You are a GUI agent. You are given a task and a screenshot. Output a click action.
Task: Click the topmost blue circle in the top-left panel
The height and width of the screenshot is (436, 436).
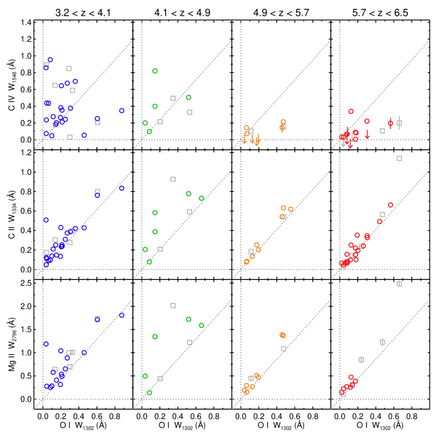coord(50,60)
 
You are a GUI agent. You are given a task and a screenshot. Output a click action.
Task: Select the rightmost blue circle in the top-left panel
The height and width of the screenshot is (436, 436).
coord(121,110)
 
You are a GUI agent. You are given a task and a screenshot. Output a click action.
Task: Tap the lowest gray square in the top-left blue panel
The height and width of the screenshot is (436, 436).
coord(70,137)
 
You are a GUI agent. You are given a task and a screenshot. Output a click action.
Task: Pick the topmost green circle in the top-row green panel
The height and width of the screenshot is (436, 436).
coord(155,71)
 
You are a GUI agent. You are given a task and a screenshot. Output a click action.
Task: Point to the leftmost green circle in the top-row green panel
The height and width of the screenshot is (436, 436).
coord(145,123)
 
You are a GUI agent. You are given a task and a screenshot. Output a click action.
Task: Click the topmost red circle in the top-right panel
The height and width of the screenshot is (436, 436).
coord(351,111)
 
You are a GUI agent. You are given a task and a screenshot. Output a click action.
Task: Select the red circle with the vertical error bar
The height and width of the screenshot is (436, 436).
coord(390,123)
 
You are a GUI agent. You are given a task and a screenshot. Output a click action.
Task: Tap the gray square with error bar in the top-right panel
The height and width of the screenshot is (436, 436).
coord(399,123)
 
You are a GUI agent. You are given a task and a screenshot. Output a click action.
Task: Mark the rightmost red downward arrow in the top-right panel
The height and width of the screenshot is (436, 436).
coord(367,134)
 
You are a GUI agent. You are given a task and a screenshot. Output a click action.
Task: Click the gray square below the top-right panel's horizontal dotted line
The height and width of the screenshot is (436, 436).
coord(399,158)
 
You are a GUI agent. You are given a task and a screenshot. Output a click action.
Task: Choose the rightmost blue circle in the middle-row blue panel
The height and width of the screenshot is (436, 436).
coord(121,188)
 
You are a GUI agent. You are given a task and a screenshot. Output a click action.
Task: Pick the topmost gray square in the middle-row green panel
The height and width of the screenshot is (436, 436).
coord(173,179)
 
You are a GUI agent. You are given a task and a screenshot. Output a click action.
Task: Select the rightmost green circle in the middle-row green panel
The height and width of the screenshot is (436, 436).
coord(201,198)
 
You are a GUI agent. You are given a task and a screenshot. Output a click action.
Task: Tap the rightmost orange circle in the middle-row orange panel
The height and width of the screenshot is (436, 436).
coord(291,209)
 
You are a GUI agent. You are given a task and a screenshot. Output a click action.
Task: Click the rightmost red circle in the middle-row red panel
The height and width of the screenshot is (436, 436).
coord(390,205)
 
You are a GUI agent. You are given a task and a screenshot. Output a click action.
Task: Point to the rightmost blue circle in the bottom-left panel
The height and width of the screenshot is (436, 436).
coord(121,315)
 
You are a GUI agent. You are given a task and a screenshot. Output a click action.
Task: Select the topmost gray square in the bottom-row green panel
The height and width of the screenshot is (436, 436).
coord(173,305)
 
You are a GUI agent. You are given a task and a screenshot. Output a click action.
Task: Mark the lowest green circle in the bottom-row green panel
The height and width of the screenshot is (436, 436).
coord(149,392)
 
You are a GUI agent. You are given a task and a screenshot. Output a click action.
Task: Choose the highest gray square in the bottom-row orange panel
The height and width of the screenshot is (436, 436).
coord(284,348)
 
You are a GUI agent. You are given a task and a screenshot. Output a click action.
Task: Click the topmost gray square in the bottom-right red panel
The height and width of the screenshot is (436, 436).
coord(399,284)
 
